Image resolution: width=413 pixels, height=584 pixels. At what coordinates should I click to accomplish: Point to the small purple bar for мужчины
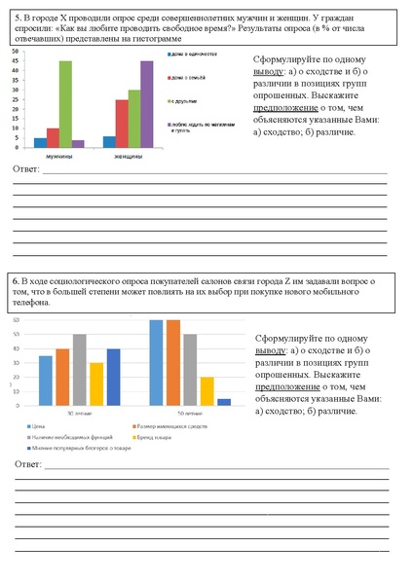[x=78, y=143]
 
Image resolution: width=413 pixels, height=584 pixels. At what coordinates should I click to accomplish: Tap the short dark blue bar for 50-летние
[x=224, y=401]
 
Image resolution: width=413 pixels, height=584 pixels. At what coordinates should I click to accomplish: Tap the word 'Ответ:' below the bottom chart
[x=30, y=466]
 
